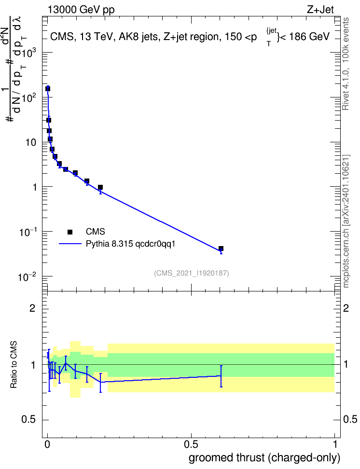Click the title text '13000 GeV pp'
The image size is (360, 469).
tap(81, 10)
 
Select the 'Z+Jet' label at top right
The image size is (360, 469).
tap(320, 10)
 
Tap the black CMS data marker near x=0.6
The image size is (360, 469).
tap(221, 248)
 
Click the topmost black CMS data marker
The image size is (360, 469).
tap(48, 89)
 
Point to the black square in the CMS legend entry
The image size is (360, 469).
tap(70, 232)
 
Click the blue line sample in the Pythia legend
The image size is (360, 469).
tap(70, 244)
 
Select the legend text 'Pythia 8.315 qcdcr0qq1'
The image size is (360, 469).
tap(130, 244)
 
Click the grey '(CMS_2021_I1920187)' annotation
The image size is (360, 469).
tap(192, 273)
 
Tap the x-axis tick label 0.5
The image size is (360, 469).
tap(191, 444)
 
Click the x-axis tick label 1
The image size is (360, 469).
tap(335, 444)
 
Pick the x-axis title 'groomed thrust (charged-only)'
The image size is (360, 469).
tap(264, 458)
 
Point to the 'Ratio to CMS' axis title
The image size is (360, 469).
tap(14, 365)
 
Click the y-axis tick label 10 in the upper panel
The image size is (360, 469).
tap(31, 143)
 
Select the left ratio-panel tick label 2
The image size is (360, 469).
tap(32, 308)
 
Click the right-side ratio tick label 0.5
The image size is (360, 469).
tap(350, 420)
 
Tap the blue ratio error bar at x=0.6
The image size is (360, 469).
tap(221, 376)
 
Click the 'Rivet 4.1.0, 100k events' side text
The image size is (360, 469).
tap(346, 64)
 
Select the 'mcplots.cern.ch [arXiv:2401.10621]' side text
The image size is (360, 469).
tap(346, 221)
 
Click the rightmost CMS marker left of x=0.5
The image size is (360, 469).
tap(100, 188)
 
